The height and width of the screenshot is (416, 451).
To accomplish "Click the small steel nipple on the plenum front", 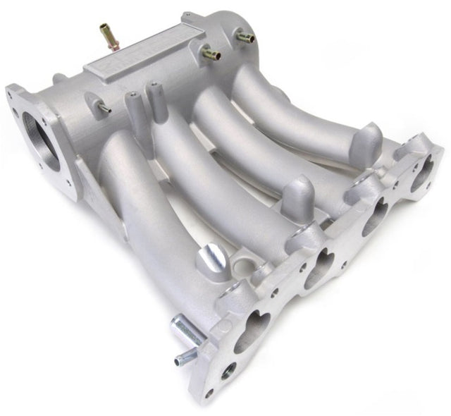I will coord(104,107).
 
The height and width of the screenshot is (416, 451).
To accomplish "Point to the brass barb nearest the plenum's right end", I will coord(245,37).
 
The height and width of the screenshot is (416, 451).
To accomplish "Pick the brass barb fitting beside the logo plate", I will coord(210,53).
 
